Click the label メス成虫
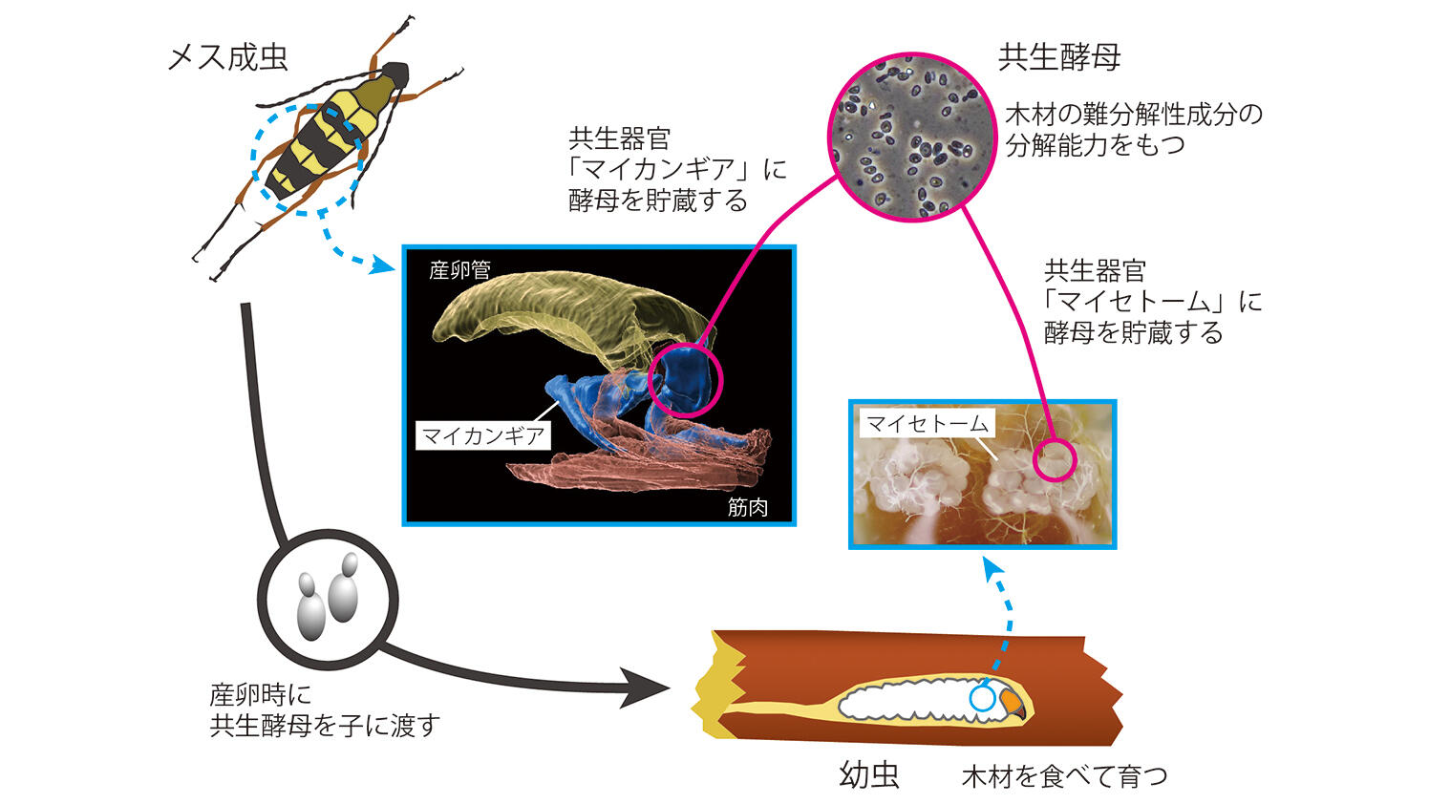pos(227,57)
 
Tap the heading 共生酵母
pos(1059,57)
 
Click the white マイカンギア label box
pos(483,436)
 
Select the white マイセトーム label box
pos(927,423)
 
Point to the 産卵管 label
pos(459,270)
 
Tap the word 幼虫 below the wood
pos(869,774)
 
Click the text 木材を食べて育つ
pos(1064,775)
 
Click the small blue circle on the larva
pos(982,698)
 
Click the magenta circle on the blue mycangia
pos(686,380)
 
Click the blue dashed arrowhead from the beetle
pos(383,264)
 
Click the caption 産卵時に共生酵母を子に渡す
pos(325,709)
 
